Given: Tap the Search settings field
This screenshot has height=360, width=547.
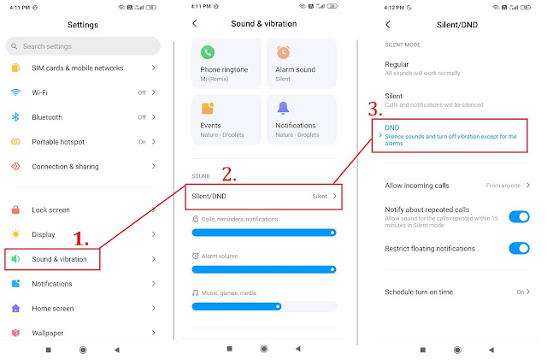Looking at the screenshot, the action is click(x=83, y=46).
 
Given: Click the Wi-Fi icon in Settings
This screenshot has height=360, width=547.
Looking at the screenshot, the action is click(x=15, y=92).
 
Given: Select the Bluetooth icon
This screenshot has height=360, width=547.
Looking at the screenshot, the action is click(x=15, y=117).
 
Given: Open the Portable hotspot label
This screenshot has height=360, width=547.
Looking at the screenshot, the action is click(x=58, y=142).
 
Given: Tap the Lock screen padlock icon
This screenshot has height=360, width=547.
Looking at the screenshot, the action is click(x=15, y=210).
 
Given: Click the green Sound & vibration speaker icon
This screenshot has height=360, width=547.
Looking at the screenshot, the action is click(x=15, y=259).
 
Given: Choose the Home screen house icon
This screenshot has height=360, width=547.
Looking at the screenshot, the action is click(x=15, y=308).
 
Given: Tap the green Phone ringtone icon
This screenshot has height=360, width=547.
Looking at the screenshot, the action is click(x=208, y=52).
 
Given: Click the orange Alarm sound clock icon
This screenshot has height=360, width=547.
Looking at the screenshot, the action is click(x=283, y=52).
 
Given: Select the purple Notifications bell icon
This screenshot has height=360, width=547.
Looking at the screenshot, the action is click(x=283, y=108).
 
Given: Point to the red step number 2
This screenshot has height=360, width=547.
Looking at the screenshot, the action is click(x=229, y=174).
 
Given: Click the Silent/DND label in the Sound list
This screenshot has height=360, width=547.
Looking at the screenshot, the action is click(x=209, y=196).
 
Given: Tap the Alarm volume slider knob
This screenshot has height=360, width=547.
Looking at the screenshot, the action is click(x=332, y=269).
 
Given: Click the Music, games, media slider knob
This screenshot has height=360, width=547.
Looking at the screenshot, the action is click(x=278, y=307).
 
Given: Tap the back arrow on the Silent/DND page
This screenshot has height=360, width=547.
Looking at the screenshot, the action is click(x=388, y=25).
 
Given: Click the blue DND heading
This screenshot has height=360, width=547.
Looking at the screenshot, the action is click(x=392, y=127).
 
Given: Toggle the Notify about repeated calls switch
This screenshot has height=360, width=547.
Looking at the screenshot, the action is click(x=519, y=217).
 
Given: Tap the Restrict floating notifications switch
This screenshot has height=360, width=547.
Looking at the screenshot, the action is click(x=519, y=248).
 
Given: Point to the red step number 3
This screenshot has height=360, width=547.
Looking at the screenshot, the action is click(x=375, y=109).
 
